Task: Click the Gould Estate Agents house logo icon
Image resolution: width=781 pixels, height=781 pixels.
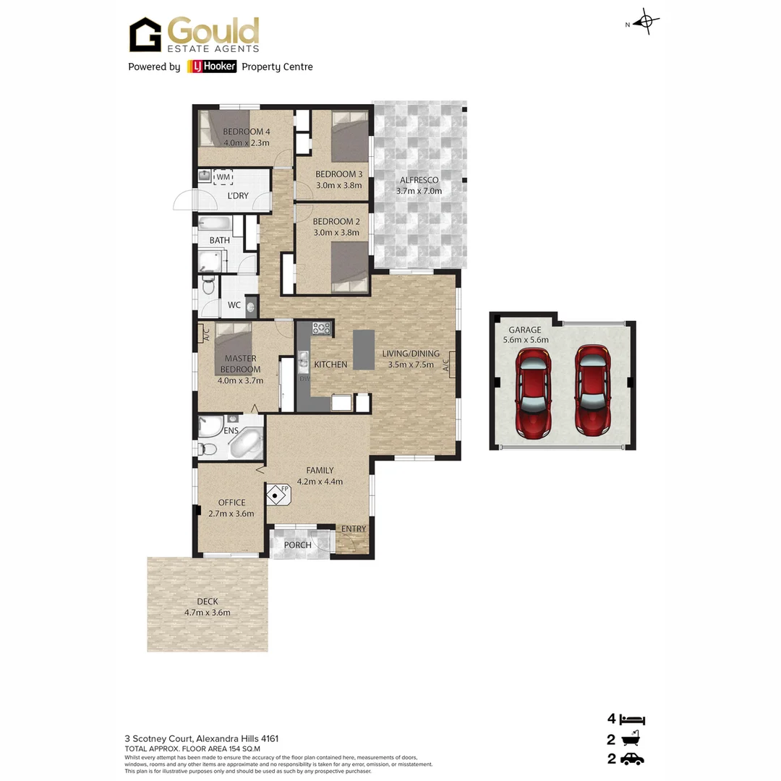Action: click(145, 35)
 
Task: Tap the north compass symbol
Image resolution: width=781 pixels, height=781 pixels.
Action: click(646, 22)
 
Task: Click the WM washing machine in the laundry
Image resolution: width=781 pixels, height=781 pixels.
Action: click(223, 176)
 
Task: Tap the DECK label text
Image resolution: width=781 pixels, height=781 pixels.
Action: click(207, 602)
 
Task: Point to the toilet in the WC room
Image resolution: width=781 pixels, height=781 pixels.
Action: click(208, 288)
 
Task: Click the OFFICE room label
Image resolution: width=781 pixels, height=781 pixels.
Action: click(231, 503)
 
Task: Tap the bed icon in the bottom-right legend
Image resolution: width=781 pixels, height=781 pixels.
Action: click(632, 720)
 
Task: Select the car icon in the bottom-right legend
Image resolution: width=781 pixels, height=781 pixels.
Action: click(632, 759)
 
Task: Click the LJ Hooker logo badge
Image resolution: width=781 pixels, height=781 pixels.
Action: click(212, 67)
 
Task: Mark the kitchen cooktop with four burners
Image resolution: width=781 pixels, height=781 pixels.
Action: click(321, 329)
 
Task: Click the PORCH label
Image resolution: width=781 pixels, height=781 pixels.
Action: click(297, 545)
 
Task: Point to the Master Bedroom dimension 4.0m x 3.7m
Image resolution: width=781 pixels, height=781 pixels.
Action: click(241, 380)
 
